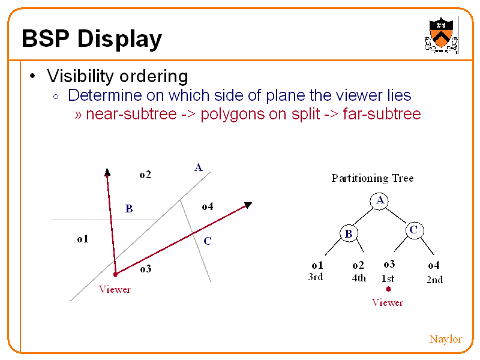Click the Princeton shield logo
point(441,35)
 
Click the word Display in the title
point(119,39)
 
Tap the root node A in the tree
point(379,201)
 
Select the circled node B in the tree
point(349,233)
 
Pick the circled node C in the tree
point(414,230)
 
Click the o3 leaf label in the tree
point(389,264)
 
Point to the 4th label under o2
point(359,278)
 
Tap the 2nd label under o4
point(434,280)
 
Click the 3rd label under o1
point(316,277)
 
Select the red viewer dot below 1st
point(388,289)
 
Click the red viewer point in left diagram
point(115,275)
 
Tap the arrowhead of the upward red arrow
point(107,172)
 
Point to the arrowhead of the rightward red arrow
point(248,205)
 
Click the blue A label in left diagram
point(199,167)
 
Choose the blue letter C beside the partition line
point(208,241)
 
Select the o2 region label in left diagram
point(145,175)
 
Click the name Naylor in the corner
point(445,339)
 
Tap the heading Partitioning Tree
point(373,178)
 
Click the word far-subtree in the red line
point(382,114)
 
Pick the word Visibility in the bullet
point(80,76)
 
